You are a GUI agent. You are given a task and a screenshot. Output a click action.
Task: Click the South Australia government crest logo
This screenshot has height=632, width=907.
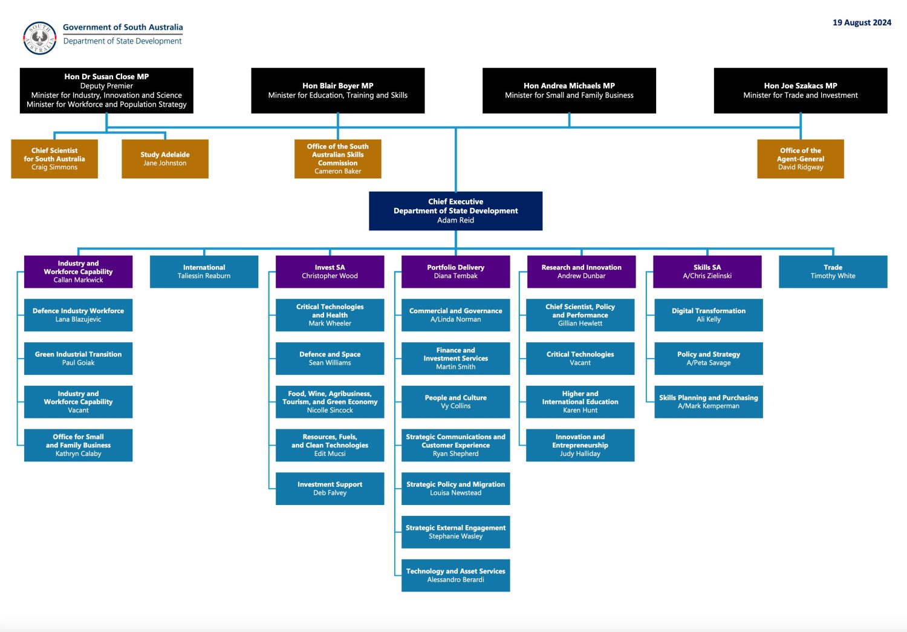click(x=40, y=38)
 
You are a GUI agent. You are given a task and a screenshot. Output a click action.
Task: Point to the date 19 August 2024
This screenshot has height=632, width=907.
click(x=862, y=22)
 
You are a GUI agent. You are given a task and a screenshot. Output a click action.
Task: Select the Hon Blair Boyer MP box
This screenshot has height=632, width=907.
click(x=337, y=90)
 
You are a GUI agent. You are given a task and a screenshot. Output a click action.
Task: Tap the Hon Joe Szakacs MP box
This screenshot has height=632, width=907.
click(x=800, y=90)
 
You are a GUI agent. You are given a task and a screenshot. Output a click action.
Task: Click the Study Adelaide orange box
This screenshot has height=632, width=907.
click(x=164, y=158)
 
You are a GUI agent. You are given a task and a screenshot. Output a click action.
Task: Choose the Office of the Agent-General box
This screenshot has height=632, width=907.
click(x=800, y=158)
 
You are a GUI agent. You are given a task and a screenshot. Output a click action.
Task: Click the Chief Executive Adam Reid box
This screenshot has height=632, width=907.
click(x=455, y=210)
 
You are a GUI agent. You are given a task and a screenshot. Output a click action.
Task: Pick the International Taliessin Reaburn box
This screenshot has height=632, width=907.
click(x=204, y=272)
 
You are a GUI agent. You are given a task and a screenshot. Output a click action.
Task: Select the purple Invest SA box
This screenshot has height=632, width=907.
click(x=330, y=272)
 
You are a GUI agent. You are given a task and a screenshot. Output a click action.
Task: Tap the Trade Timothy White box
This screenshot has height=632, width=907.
click(x=833, y=272)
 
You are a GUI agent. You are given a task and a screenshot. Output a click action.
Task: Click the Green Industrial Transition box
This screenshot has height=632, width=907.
click(x=78, y=358)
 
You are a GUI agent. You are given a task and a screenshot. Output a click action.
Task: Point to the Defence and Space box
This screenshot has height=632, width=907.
click(x=330, y=358)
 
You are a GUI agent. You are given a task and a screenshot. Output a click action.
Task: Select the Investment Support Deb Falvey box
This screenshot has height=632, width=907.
click(x=330, y=488)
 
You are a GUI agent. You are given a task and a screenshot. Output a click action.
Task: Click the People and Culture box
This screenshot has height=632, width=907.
click(x=455, y=402)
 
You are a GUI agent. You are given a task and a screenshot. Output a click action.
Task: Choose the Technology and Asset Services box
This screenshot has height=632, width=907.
click(x=455, y=575)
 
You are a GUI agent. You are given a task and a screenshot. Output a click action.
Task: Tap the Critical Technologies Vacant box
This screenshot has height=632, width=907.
click(x=580, y=358)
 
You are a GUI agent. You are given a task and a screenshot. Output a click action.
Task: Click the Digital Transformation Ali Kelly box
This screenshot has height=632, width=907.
click(x=708, y=314)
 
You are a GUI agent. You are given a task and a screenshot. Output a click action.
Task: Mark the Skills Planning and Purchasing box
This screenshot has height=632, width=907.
click(x=708, y=402)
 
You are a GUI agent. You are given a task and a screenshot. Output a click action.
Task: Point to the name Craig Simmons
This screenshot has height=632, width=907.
click(x=54, y=168)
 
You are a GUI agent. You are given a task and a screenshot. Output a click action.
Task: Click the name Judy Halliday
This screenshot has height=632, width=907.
click(x=580, y=454)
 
